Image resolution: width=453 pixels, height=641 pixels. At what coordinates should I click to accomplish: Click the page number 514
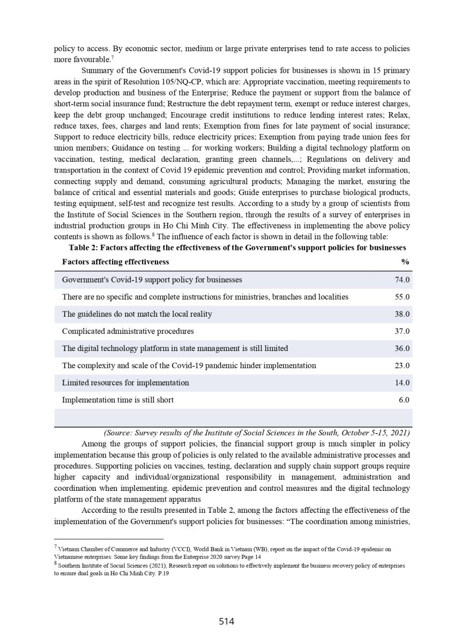pyautogui.click(x=226, y=621)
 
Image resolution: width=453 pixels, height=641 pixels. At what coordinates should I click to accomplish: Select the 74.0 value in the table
pyautogui.click(x=402, y=280)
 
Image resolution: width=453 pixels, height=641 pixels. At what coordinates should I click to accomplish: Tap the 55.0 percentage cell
pyautogui.click(x=402, y=297)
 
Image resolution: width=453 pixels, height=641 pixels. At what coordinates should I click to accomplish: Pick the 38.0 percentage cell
pyautogui.click(x=402, y=314)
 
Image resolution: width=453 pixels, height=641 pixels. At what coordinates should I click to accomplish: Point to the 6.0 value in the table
pyautogui.click(x=404, y=400)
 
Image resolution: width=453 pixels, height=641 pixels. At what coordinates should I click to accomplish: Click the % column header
pyautogui.click(x=405, y=262)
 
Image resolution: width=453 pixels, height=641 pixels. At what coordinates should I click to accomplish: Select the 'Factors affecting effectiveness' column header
pyautogui.click(x=115, y=262)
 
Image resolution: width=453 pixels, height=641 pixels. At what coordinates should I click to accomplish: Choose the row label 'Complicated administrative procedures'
pyautogui.click(x=128, y=331)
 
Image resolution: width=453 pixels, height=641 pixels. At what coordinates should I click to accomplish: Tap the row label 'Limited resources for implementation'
pyautogui.click(x=126, y=382)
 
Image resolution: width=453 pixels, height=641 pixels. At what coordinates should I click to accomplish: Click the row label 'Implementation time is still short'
pyautogui.click(x=118, y=400)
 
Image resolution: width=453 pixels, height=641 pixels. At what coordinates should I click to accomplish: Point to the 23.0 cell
pyautogui.click(x=402, y=365)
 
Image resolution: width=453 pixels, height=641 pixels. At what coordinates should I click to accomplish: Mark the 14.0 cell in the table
pyautogui.click(x=402, y=382)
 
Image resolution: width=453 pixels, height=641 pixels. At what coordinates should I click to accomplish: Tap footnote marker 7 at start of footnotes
pyautogui.click(x=56, y=548)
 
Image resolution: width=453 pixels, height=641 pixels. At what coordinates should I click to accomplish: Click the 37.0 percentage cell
pyautogui.click(x=402, y=331)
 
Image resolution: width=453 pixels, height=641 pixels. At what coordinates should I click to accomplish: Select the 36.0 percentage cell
pyautogui.click(x=402, y=348)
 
